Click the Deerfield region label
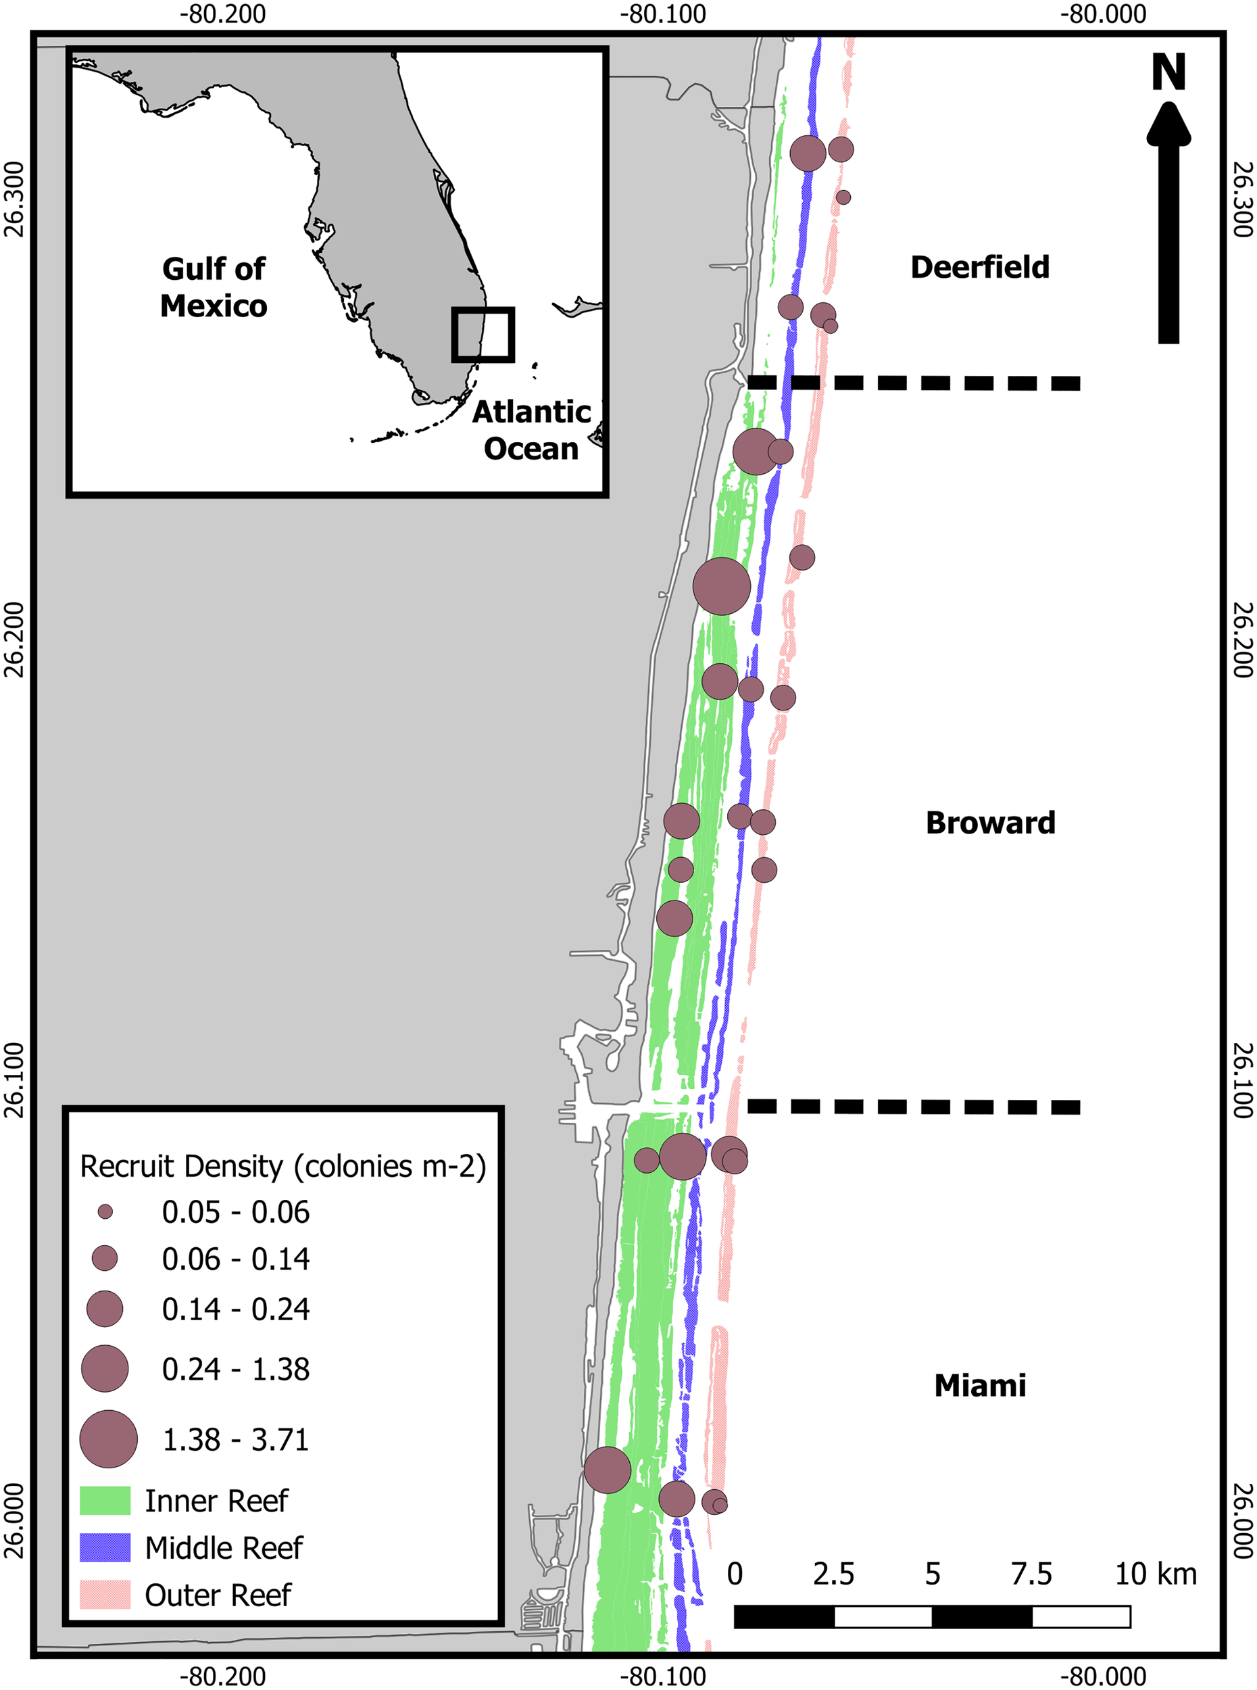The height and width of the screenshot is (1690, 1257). coord(979,267)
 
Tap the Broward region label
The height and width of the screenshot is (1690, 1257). coord(990,823)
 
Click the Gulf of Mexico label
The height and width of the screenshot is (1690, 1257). coord(214,287)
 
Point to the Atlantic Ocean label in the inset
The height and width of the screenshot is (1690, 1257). coord(531,430)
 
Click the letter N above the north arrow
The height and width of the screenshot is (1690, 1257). coord(1168,73)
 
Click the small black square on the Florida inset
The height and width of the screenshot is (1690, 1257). coord(483,335)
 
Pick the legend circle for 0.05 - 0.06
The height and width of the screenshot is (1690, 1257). coord(105,1212)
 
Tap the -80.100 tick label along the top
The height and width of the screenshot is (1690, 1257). coord(663,14)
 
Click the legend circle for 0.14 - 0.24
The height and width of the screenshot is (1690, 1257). coord(105,1309)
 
